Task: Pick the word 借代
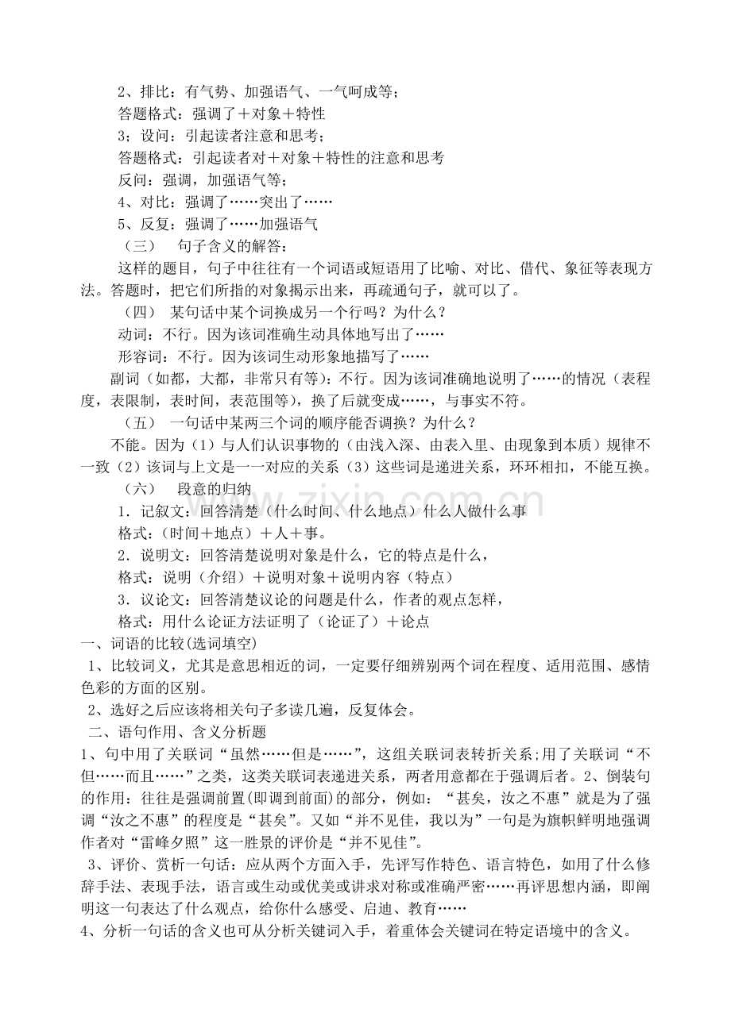pos(540,268)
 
